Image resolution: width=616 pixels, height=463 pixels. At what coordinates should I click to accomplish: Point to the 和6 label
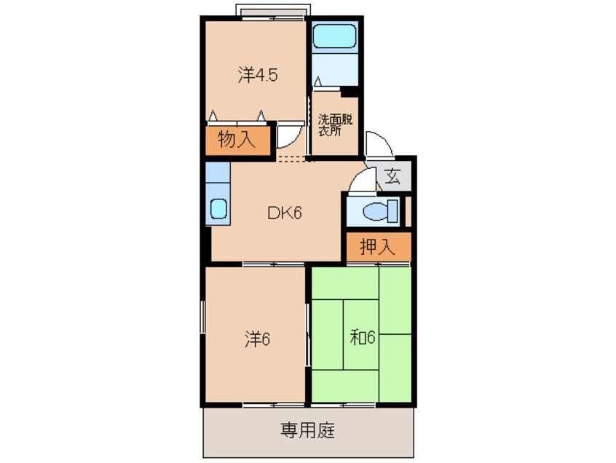(362, 338)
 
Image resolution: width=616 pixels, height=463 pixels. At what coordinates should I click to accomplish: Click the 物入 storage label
(237, 140)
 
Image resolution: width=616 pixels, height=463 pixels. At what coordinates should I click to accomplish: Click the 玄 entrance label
(393, 177)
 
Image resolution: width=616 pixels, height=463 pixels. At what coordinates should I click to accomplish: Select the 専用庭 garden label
(307, 430)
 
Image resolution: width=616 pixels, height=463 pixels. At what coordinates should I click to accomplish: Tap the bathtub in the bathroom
(334, 36)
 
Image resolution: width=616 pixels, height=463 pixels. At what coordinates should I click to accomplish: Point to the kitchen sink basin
(218, 208)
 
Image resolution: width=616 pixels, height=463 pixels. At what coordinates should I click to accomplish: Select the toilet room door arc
(360, 181)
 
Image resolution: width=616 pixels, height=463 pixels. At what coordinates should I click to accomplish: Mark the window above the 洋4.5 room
(274, 10)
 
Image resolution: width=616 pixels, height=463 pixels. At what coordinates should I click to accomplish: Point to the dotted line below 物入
(294, 159)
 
